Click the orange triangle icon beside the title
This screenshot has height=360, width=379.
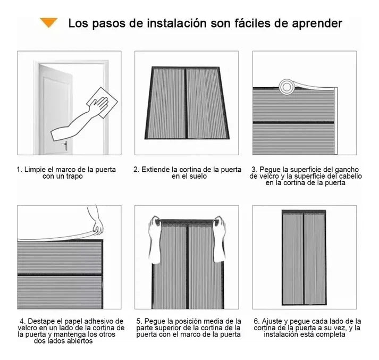(x=49, y=22)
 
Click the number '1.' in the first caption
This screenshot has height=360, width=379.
(x=20, y=170)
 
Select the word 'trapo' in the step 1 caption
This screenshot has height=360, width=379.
(x=73, y=177)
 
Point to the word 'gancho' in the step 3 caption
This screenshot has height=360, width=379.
(x=348, y=170)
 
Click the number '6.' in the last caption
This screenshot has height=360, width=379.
(x=256, y=321)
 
